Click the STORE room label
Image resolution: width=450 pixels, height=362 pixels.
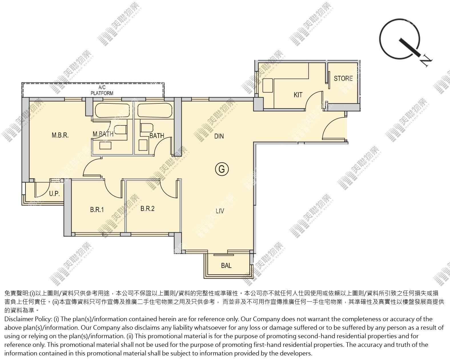(x=343, y=79)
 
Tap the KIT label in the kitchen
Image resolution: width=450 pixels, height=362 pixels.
(x=298, y=95)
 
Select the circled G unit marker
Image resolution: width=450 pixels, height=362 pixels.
(x=222, y=169)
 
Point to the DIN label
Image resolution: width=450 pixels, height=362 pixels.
(x=219, y=136)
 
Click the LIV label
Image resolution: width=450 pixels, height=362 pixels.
(x=220, y=211)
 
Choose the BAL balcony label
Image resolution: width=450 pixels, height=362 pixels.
(x=226, y=265)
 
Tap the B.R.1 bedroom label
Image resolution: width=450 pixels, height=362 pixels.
(x=97, y=209)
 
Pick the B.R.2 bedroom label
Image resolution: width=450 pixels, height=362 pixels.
(x=147, y=209)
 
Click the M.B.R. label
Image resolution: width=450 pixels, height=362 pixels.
(x=60, y=135)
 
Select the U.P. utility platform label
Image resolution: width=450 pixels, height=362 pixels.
(x=54, y=194)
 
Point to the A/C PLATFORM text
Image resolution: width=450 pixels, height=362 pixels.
(x=102, y=90)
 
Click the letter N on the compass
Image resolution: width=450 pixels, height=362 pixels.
(x=426, y=61)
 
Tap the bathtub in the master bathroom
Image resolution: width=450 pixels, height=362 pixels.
(x=112, y=110)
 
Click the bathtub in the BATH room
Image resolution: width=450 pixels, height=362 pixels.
(x=155, y=110)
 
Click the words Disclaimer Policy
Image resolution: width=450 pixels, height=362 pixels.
(x=28, y=319)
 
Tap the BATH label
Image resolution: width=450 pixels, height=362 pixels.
(x=157, y=136)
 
